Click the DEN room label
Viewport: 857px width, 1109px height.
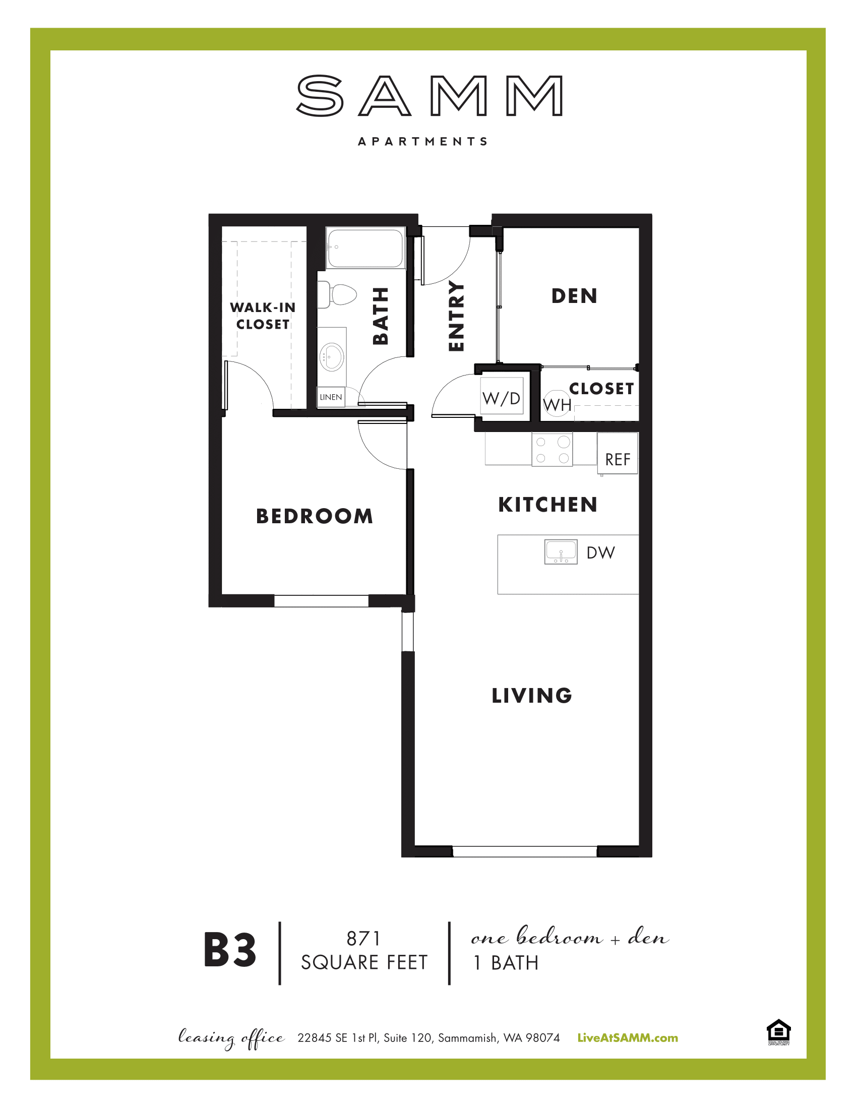[x=574, y=296]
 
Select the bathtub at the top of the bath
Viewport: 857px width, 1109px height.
[x=365, y=248]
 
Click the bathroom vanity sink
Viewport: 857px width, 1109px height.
[x=332, y=356]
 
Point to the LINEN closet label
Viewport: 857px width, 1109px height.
[x=331, y=397]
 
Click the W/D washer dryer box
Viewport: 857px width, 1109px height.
[x=502, y=398]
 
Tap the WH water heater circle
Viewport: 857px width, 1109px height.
[x=557, y=404]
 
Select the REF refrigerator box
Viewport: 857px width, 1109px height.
[x=618, y=454]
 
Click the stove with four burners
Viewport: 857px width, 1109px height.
[x=553, y=449]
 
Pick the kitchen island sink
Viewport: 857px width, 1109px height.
[x=561, y=552]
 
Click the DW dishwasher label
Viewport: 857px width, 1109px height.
[x=600, y=552]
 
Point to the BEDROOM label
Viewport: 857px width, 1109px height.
[x=314, y=516]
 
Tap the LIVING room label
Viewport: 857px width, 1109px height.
[x=532, y=696]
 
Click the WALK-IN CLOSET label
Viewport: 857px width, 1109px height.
[x=263, y=316]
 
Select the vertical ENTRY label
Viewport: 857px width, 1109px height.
[x=456, y=317]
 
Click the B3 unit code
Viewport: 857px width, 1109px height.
[x=229, y=951]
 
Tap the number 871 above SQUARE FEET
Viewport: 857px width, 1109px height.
[x=363, y=939]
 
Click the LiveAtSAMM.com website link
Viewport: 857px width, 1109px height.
[x=628, y=1038]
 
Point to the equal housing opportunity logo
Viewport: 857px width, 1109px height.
[x=778, y=1032]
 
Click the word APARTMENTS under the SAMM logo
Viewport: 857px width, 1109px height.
[x=423, y=141]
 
